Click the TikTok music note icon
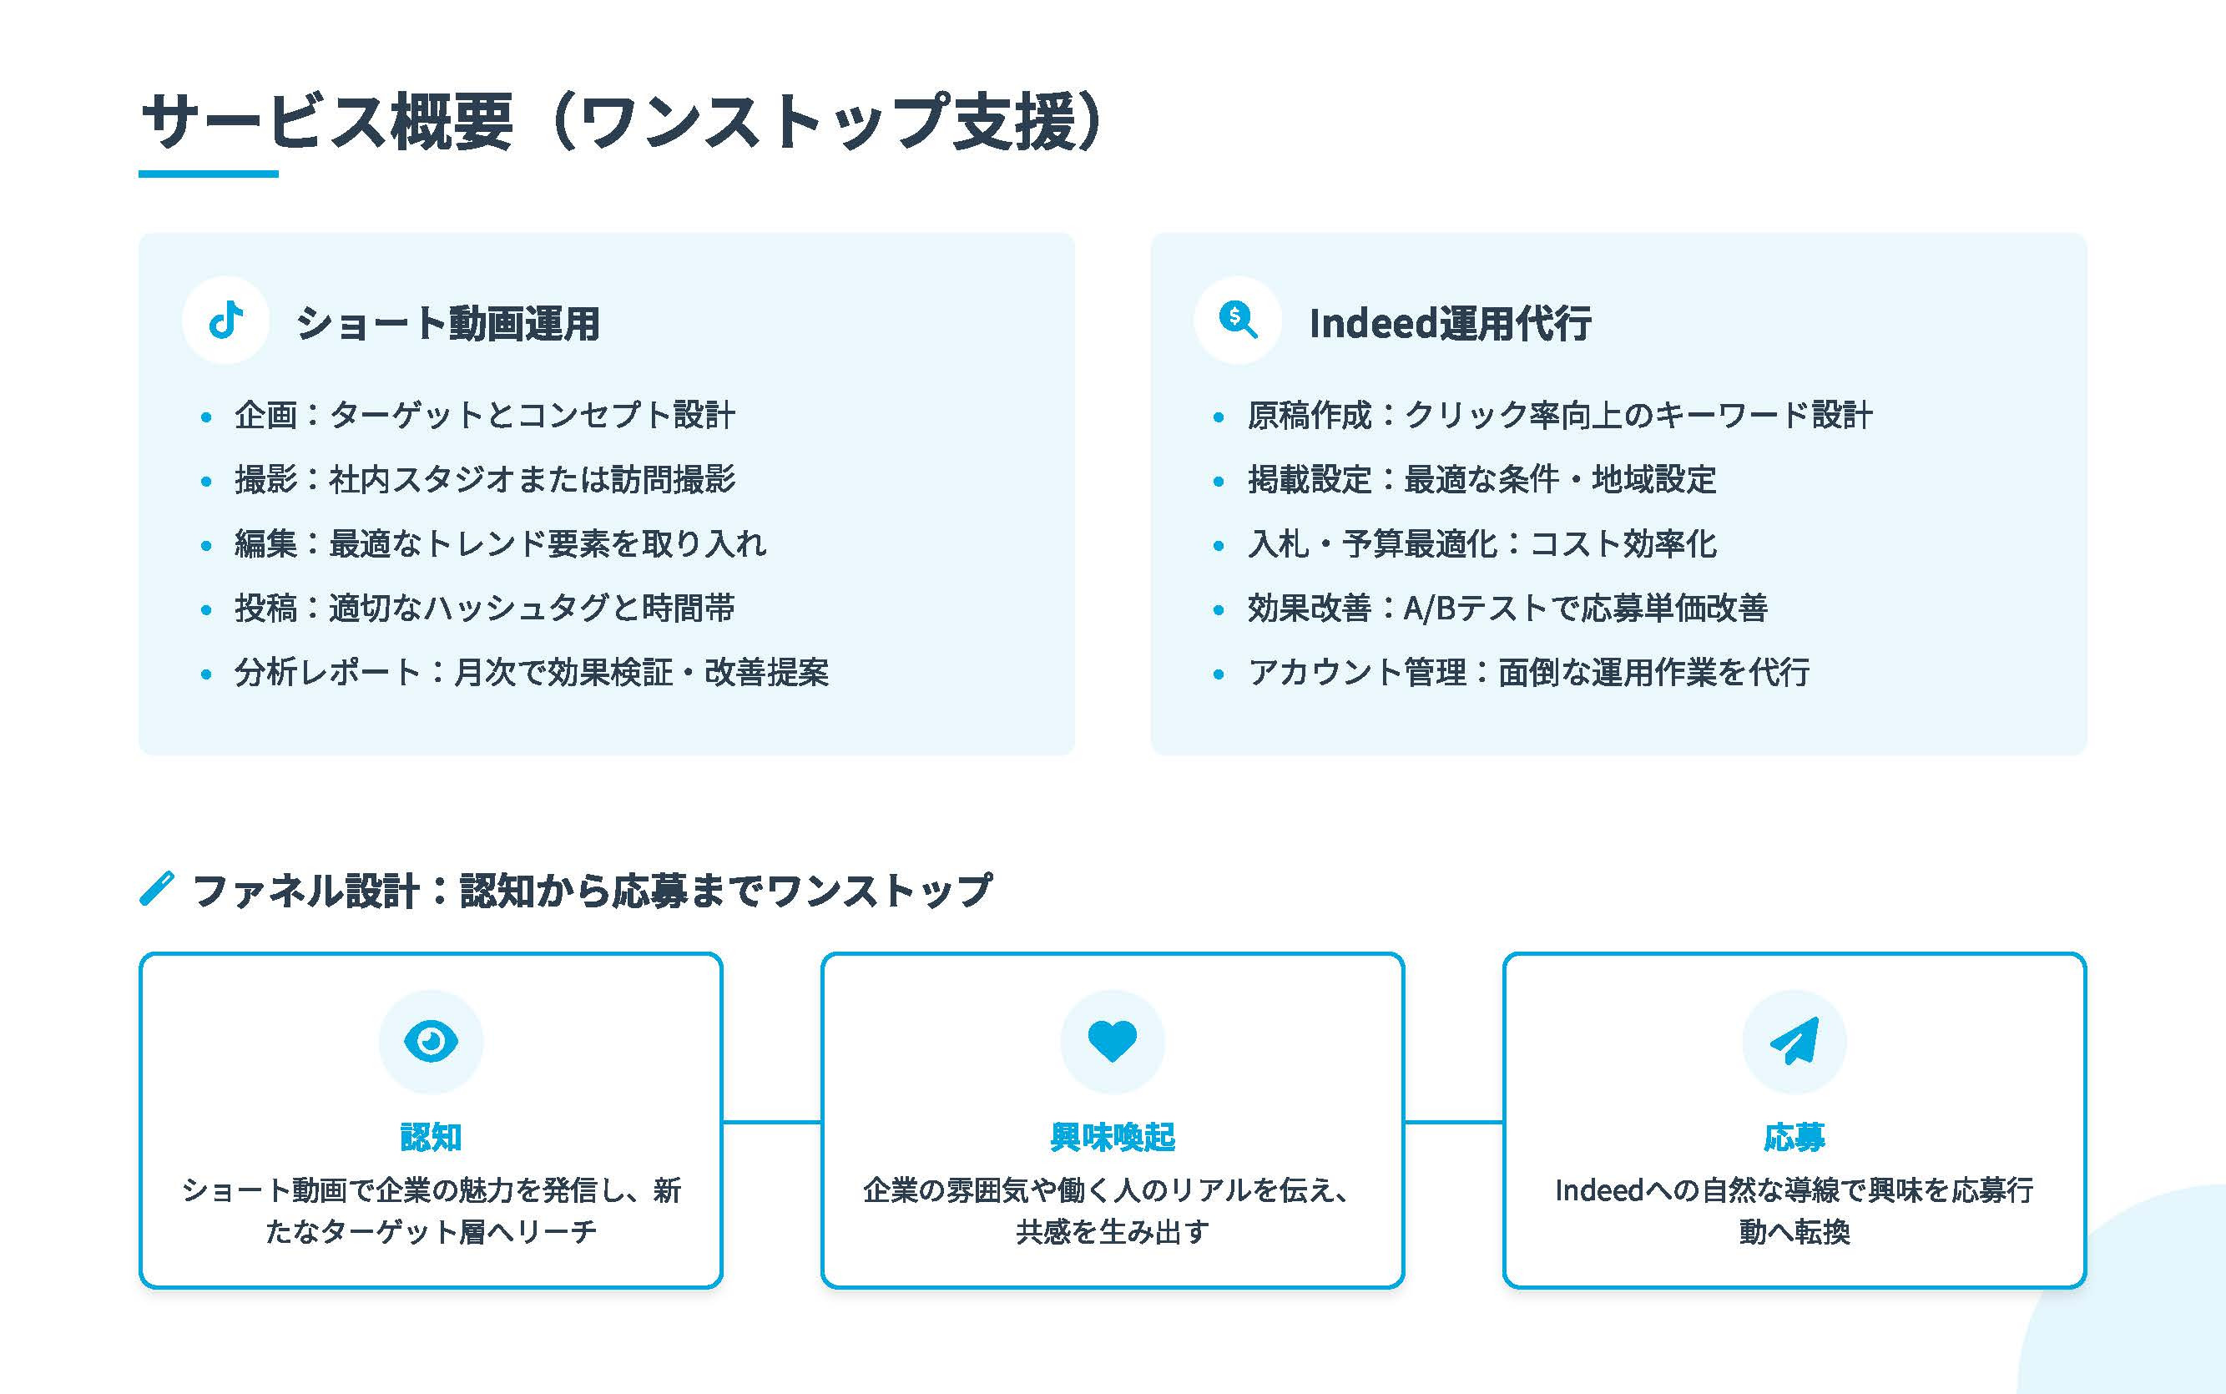pyautogui.click(x=226, y=320)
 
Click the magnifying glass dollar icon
pyautogui.click(x=1237, y=320)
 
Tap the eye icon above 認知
pyautogui.click(x=431, y=1041)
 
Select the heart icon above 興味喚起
pyautogui.click(x=1112, y=1041)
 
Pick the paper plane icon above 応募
pyautogui.click(x=1794, y=1041)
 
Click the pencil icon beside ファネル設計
pyautogui.click(x=157, y=889)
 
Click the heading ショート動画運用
pyautogui.click(x=447, y=324)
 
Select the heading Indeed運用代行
pyautogui.click(x=1449, y=324)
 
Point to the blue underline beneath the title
pyautogui.click(x=209, y=174)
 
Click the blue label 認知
pyautogui.click(x=431, y=1137)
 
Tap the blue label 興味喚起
pyautogui.click(x=1112, y=1137)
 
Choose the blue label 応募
pyautogui.click(x=1794, y=1137)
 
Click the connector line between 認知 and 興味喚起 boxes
pyautogui.click(x=771, y=1122)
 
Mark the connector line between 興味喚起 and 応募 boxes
pyautogui.click(x=1454, y=1122)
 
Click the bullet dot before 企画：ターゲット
pyautogui.click(x=205, y=417)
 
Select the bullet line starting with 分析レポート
pyautogui.click(x=531, y=672)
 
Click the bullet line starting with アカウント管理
pyautogui.click(x=1527, y=672)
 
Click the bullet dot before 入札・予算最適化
pyautogui.click(x=1218, y=546)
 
